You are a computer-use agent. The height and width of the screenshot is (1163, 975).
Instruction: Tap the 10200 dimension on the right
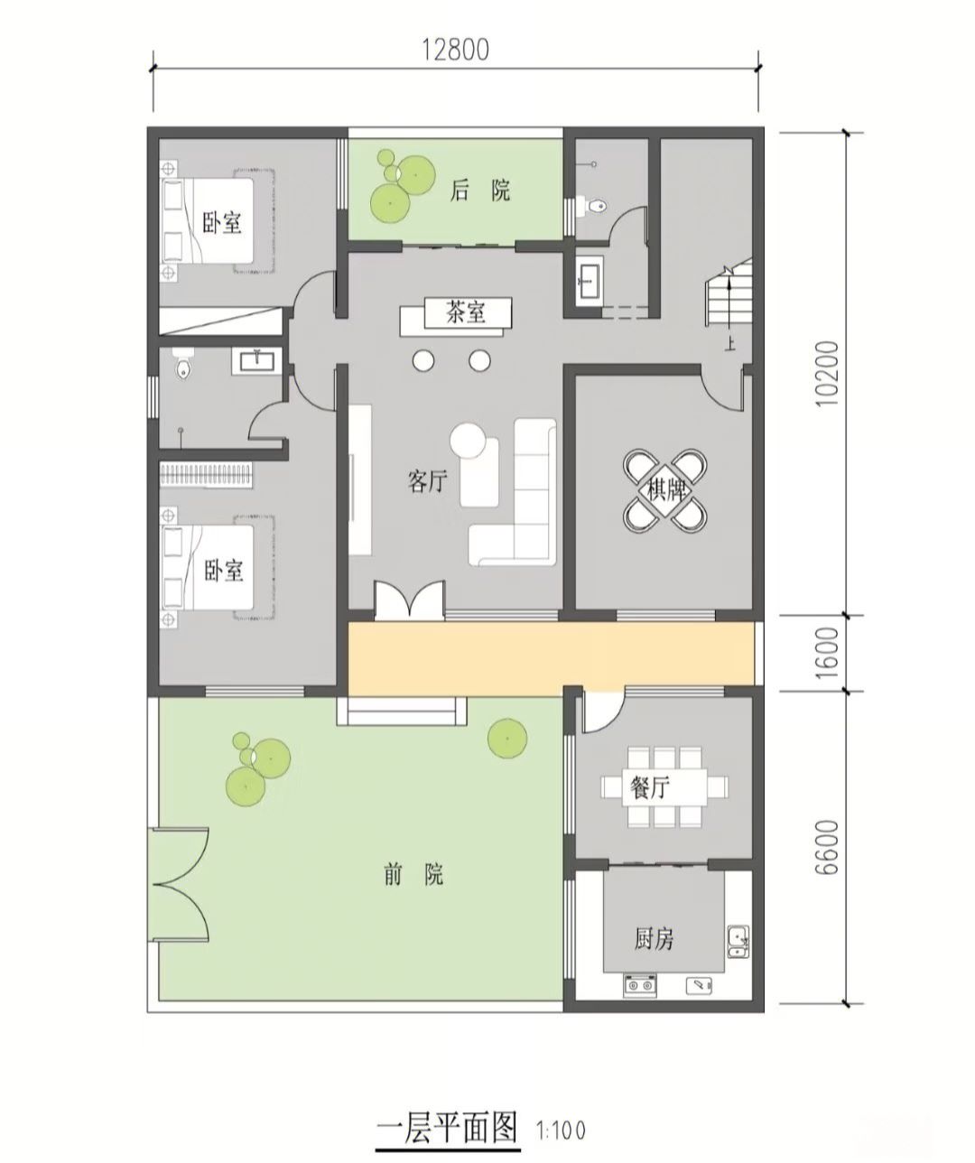[829, 373]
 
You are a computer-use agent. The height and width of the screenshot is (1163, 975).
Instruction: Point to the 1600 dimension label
[829, 653]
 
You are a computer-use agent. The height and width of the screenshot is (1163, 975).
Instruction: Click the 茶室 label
[466, 312]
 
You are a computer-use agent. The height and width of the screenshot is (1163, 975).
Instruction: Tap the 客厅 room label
[428, 480]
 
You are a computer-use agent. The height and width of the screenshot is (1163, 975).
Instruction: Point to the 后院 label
[480, 191]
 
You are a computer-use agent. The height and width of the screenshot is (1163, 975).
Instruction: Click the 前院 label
[413, 874]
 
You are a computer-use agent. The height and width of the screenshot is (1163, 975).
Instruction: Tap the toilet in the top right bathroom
[596, 206]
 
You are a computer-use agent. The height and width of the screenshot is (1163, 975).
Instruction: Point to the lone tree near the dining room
[506, 739]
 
